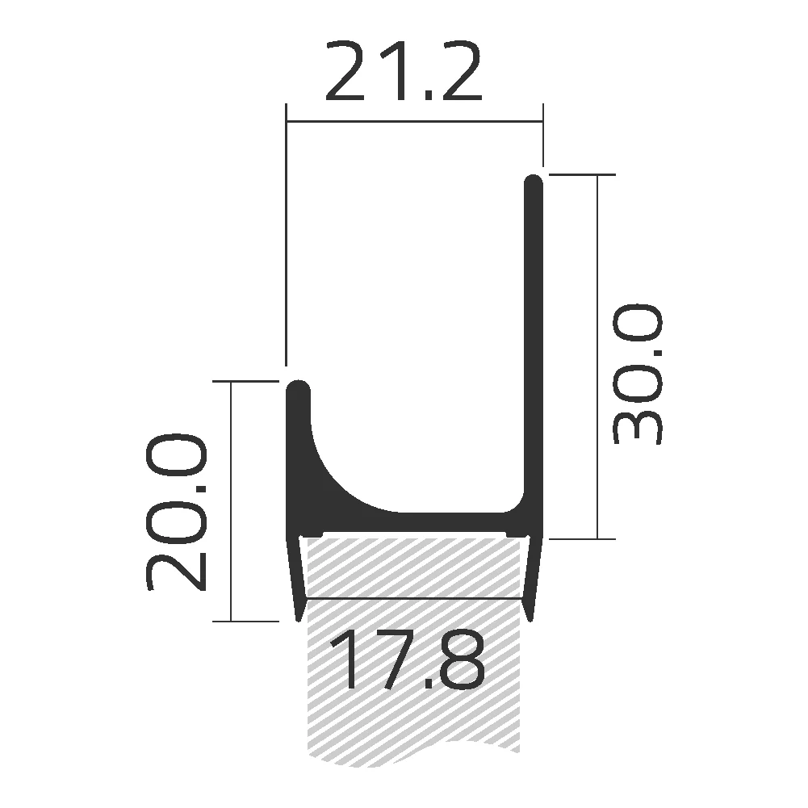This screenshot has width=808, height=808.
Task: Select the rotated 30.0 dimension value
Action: click(638, 375)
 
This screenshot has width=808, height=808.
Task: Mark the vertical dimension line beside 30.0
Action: click(597, 355)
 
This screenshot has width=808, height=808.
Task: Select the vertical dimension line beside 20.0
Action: click(232, 500)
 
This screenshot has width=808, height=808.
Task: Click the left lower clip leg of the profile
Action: click(295, 577)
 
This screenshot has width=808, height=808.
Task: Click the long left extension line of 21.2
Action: click(287, 242)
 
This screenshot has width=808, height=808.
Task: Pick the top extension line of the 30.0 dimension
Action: click(581, 174)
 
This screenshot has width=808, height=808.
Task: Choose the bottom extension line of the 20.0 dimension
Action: click(246, 622)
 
